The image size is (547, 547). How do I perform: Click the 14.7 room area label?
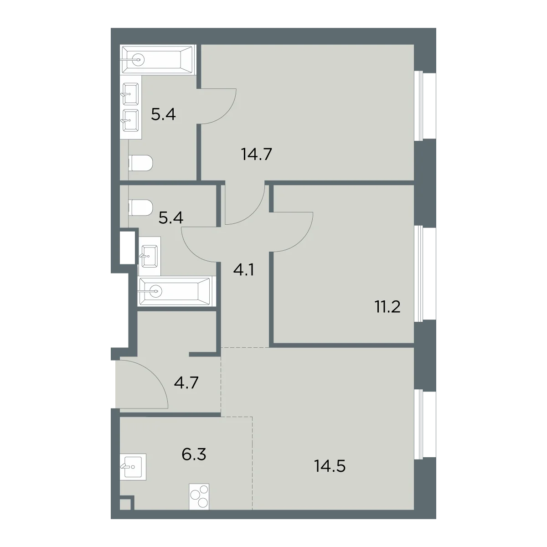coord(257,155)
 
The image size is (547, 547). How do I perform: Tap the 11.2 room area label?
coord(388,307)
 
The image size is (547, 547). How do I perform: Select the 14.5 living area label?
coord(330,466)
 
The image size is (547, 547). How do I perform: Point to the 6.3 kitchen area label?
coord(194,454)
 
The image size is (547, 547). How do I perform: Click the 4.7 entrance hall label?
coord(186,382)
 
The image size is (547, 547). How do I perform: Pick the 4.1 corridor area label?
coord(243,270)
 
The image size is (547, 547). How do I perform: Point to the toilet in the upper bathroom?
coord(141,163)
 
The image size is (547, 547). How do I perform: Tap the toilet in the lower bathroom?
coord(141,207)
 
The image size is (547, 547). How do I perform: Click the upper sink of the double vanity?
coord(130,94)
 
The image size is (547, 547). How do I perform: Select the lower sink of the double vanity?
coord(130,121)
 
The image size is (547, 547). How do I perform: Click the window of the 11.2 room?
coord(425,273)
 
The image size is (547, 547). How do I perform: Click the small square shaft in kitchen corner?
coord(125,512)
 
